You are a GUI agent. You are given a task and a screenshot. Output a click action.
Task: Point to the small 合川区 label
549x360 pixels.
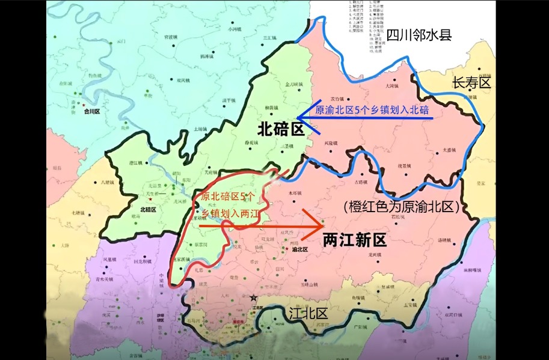[91, 111]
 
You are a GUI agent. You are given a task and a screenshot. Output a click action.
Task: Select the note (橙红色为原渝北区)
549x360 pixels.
[402, 207]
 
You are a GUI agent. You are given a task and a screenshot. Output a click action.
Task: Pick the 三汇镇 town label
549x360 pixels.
[268, 38]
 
